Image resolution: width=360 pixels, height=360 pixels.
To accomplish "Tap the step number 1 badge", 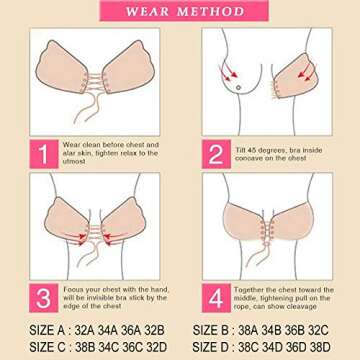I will click(x=41, y=153).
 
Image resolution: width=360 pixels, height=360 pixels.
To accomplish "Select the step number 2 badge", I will click(x=216, y=153).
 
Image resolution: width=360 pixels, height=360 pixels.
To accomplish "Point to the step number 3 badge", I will click(x=41, y=298).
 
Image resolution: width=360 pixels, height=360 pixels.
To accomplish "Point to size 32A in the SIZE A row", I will click(x=87, y=329).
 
